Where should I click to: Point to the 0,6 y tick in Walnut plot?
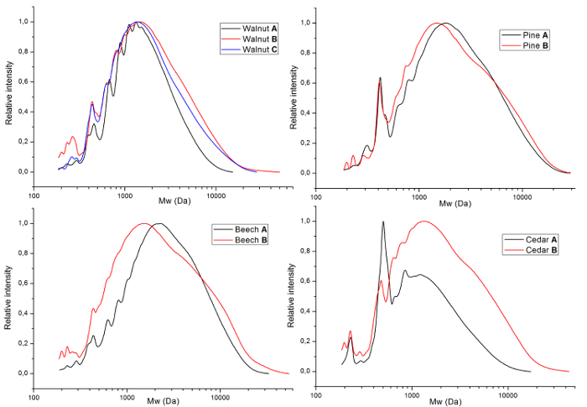tap(23, 81)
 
